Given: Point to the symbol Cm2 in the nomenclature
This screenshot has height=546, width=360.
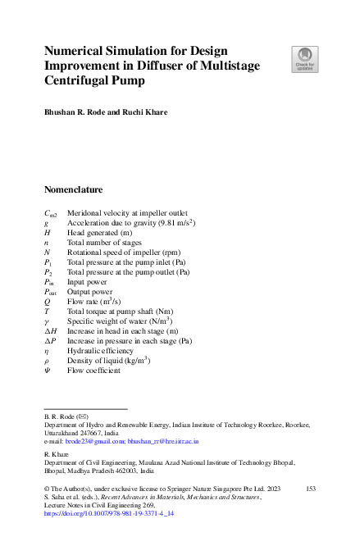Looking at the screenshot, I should pyautogui.click(x=51, y=213).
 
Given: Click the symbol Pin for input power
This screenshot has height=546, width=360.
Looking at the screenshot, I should pyautogui.click(x=49, y=282).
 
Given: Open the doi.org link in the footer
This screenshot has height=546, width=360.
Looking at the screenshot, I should pyautogui.click(x=109, y=514).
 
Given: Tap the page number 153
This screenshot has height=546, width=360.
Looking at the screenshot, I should pyautogui.click(x=310, y=489).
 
